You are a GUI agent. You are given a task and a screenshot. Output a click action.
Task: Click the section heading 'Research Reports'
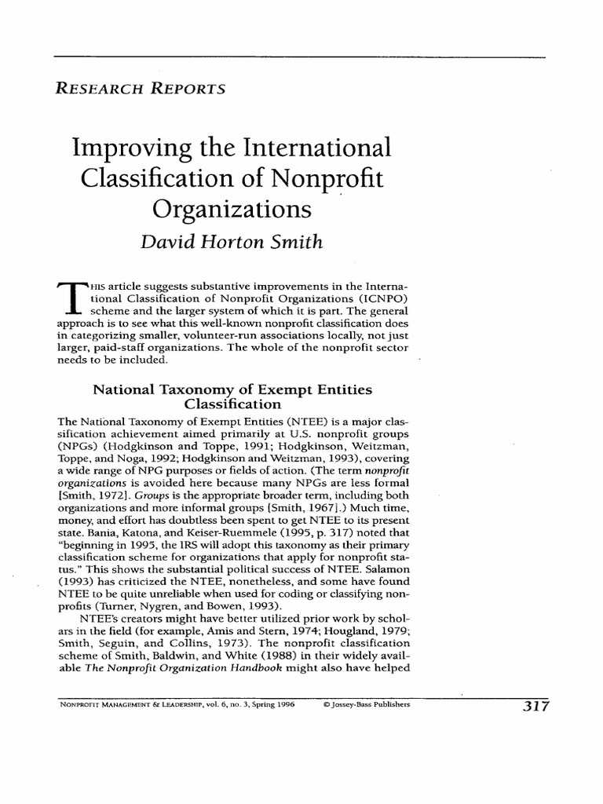(139, 89)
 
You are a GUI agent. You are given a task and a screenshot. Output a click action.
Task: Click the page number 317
(531, 706)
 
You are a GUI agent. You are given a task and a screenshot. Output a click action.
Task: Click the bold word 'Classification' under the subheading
(232, 405)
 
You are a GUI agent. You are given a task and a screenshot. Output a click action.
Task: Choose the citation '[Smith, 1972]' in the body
(93, 497)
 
